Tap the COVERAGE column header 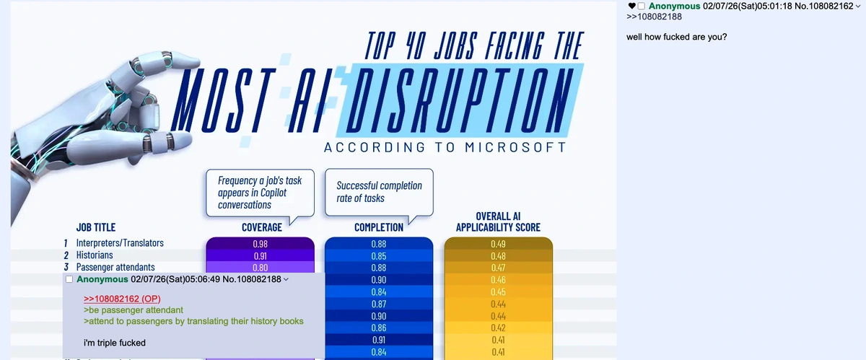point(261,227)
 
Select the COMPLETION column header point(378,227)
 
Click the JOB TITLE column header point(96,227)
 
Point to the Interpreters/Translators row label point(120,243)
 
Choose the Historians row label point(95,255)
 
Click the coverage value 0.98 point(260,244)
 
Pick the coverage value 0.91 point(260,256)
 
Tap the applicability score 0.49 point(498,244)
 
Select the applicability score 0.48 point(498,256)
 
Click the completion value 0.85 point(378,256)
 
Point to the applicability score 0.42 point(498,328)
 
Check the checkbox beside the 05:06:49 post point(69,279)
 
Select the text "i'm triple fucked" point(115,343)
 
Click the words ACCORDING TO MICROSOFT point(445,148)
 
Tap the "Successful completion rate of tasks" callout point(379,191)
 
